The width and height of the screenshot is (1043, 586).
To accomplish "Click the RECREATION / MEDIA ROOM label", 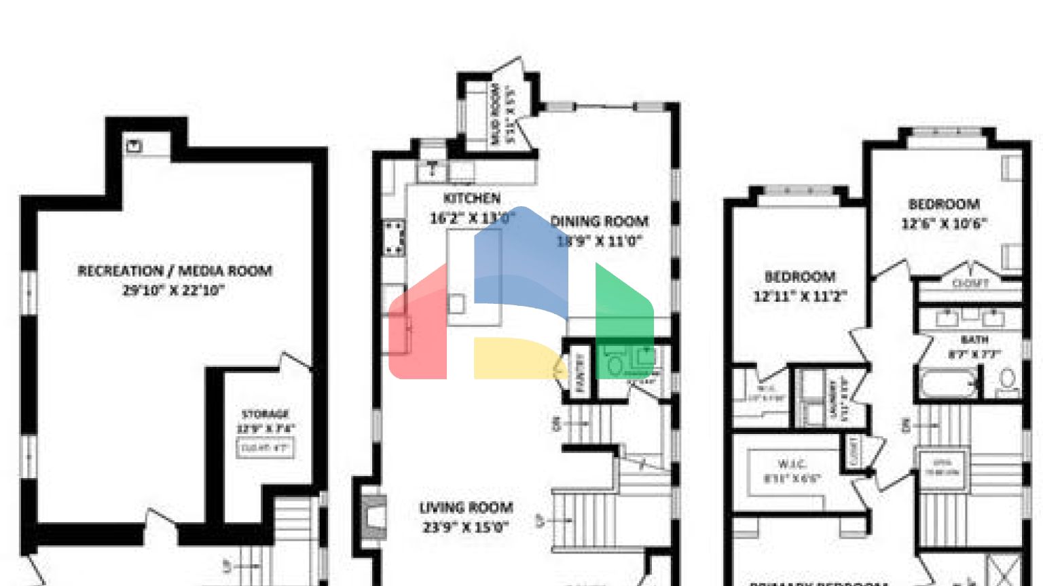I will (175, 271).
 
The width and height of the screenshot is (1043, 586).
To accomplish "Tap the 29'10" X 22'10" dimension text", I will (173, 290).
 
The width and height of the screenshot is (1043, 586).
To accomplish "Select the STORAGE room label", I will (266, 414).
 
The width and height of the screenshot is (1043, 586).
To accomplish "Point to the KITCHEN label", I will (472, 199).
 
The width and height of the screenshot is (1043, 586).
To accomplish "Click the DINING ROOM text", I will (599, 221).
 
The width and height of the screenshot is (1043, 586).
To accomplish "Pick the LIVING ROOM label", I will (466, 507).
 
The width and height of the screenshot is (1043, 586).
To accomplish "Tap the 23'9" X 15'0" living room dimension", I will (466, 527).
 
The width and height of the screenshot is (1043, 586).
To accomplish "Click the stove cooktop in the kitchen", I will (393, 238).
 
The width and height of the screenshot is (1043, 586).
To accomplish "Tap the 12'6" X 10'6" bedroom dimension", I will (944, 224).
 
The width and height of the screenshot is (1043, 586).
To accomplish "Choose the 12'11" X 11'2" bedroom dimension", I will (800, 296).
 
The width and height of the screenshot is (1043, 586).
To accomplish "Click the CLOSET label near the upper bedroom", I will (970, 284).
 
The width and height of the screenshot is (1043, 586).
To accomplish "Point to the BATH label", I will (974, 339).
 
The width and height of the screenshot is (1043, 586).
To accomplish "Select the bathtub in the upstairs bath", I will (948, 384).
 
